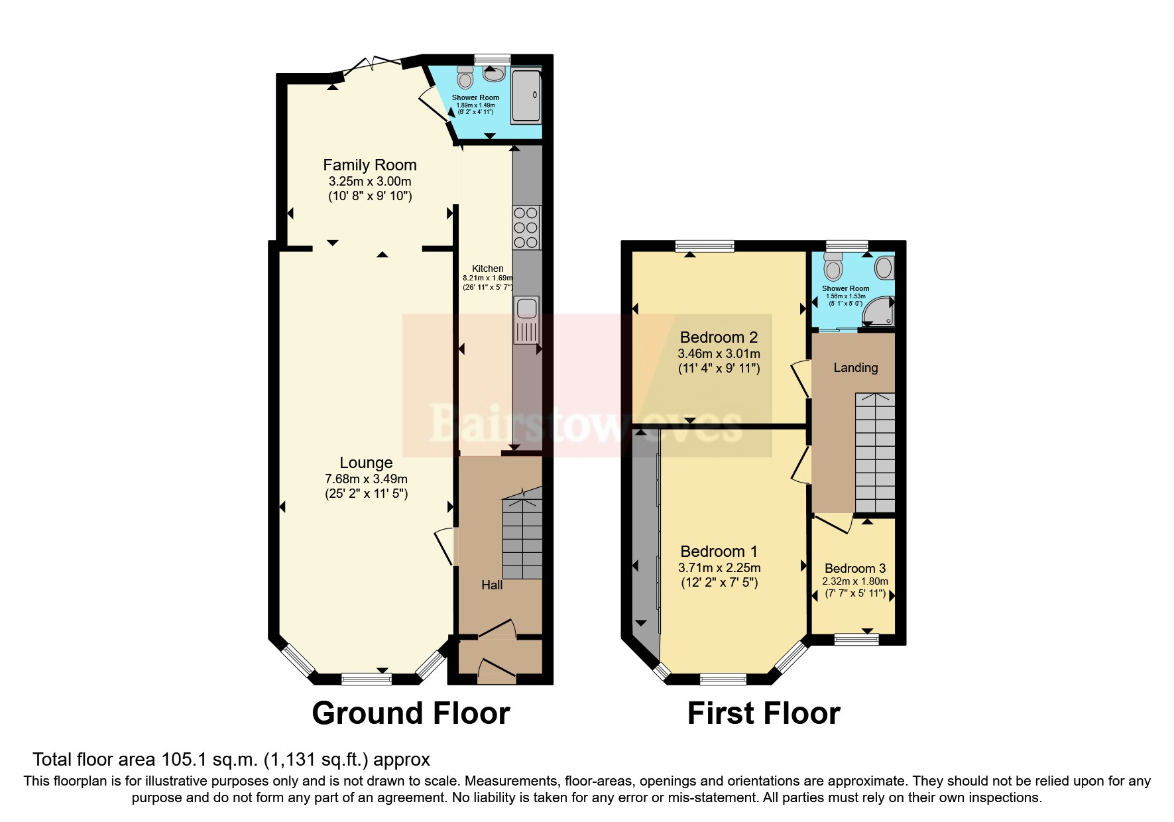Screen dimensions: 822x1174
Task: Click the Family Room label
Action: (370, 165)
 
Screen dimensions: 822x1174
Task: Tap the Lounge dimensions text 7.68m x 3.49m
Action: (366, 479)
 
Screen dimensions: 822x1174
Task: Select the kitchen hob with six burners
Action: (526, 227)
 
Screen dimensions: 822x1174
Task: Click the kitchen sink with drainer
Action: (526, 320)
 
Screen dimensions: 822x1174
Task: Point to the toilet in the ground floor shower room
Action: (465, 78)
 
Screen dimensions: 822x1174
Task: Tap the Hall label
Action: (492, 585)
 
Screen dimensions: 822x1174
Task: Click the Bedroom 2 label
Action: (719, 337)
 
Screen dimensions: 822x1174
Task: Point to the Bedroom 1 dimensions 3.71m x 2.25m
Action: (719, 567)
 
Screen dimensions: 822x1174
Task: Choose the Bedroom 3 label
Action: (855, 568)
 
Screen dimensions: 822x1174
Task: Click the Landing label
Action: (855, 367)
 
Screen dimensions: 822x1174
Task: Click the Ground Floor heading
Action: (410, 713)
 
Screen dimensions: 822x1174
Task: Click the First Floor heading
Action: (764, 713)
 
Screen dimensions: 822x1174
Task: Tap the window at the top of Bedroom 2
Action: (705, 246)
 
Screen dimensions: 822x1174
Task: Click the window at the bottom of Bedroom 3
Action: (856, 639)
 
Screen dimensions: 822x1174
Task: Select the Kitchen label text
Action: (488, 268)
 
